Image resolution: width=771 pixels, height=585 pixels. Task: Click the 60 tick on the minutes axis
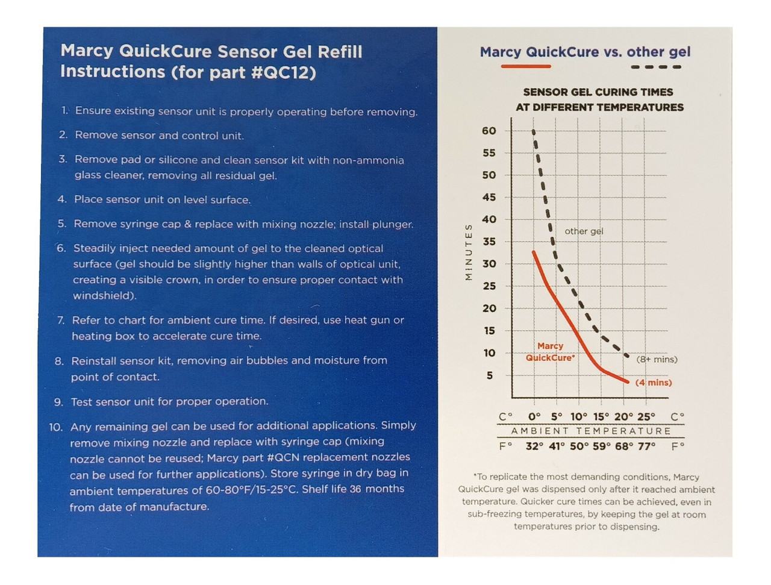tap(489, 131)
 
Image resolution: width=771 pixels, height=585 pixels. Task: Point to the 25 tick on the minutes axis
tap(489, 286)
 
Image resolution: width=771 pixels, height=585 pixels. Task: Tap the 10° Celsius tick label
tap(579, 416)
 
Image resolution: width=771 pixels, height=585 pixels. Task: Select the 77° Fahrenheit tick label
tap(646, 446)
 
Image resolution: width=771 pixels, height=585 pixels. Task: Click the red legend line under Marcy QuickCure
tap(526, 66)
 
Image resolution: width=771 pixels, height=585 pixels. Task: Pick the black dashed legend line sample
tap(656, 67)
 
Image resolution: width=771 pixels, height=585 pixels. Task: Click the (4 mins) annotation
tap(654, 383)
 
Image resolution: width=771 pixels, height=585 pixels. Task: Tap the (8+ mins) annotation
tap(657, 360)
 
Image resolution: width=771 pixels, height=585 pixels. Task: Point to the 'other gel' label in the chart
tap(584, 231)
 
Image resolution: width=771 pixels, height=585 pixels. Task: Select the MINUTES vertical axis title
tap(469, 251)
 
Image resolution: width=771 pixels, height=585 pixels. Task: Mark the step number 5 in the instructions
tap(62, 224)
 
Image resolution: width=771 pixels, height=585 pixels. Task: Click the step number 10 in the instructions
tap(56, 427)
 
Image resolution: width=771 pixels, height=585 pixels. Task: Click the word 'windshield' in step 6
tap(102, 296)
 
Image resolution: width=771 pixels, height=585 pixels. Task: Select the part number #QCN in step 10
tap(285, 457)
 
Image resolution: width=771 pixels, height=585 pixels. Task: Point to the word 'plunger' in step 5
tap(393, 224)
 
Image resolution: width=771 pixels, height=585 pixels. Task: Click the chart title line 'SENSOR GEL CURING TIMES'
tap(598, 92)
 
